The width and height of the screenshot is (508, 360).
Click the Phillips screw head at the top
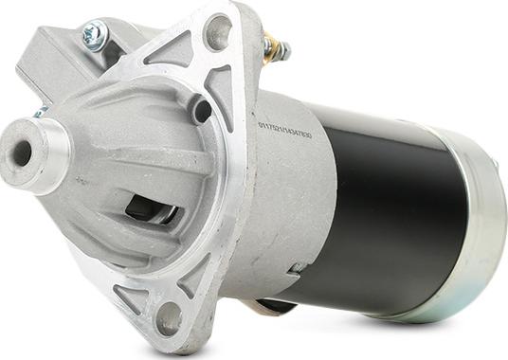[x=94, y=35]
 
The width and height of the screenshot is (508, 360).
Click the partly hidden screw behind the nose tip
[x=39, y=113]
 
